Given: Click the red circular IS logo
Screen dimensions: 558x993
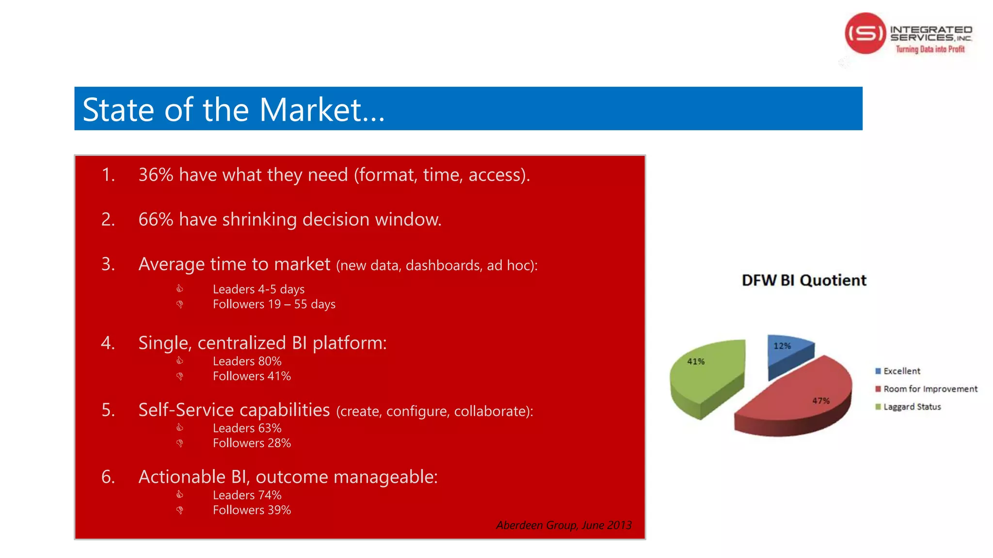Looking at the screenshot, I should pos(865,33).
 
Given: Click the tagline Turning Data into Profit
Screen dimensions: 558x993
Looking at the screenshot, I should pos(929,49).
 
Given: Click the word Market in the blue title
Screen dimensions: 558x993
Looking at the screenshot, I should pos(310,110).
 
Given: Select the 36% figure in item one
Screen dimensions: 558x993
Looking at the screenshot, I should pos(156,175).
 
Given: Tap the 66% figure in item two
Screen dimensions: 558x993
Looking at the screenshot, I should pos(156,219).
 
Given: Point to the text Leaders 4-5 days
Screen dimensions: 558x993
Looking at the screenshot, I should pos(258,289).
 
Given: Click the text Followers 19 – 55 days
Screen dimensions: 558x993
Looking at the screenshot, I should pos(274,304).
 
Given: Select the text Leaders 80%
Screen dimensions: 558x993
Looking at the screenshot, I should pos(247,361).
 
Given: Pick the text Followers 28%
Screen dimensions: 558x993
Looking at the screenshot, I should pos(252,443).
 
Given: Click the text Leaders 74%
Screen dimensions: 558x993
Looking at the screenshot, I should pos(247,495).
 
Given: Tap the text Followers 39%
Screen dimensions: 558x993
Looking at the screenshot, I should pos(252,510).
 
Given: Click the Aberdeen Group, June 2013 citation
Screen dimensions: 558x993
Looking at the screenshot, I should pos(563,525).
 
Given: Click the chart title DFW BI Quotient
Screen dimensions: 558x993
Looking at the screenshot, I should pos(803,280).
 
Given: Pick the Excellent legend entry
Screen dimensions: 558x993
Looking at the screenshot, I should pos(901,371).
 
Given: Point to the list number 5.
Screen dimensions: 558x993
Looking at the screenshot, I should pos(108,410).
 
